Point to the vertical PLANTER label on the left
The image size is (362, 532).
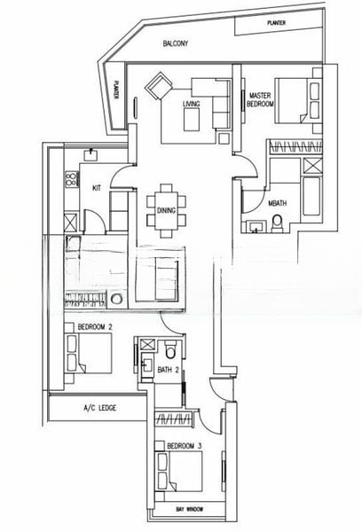[x=118, y=90]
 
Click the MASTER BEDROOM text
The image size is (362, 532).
[x=260, y=99]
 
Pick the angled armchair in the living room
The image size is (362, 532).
[x=159, y=88]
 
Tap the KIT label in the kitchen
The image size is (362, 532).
[x=97, y=187]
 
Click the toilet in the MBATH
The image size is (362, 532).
[x=277, y=220]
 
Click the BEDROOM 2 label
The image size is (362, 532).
[x=95, y=328]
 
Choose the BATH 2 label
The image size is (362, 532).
[x=168, y=368]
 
